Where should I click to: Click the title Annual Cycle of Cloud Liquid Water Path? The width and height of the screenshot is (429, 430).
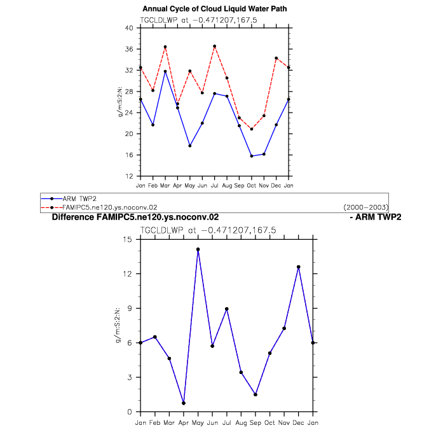[x=215, y=9]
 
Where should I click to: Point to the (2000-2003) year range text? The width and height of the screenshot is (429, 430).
[x=365, y=207]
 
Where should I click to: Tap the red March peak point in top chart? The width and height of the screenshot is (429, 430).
[x=165, y=47]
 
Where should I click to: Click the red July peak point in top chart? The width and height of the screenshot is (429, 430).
[x=215, y=46]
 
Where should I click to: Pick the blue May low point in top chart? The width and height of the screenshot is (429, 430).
[x=190, y=146]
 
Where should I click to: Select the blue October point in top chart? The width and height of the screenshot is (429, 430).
[x=252, y=156]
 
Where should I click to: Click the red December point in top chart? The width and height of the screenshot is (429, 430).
[x=276, y=58]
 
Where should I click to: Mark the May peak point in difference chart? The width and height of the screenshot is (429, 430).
[x=198, y=249]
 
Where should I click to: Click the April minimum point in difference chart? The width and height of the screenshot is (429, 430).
[x=184, y=403]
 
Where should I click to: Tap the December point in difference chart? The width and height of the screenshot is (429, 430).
[x=299, y=267]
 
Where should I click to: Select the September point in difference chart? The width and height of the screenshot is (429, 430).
[x=255, y=394]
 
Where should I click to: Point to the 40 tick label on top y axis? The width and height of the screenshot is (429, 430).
[x=129, y=28]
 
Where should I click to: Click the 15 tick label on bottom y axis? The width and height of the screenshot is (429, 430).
[x=127, y=239]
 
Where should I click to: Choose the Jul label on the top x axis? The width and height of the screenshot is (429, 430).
[x=215, y=186]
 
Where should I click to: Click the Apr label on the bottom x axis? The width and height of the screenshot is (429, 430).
[x=184, y=423]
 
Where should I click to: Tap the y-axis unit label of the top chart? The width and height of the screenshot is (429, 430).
[x=119, y=102]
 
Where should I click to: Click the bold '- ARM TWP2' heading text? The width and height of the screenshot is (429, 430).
[x=376, y=217]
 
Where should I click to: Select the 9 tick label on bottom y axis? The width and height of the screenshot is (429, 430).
[x=130, y=309]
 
